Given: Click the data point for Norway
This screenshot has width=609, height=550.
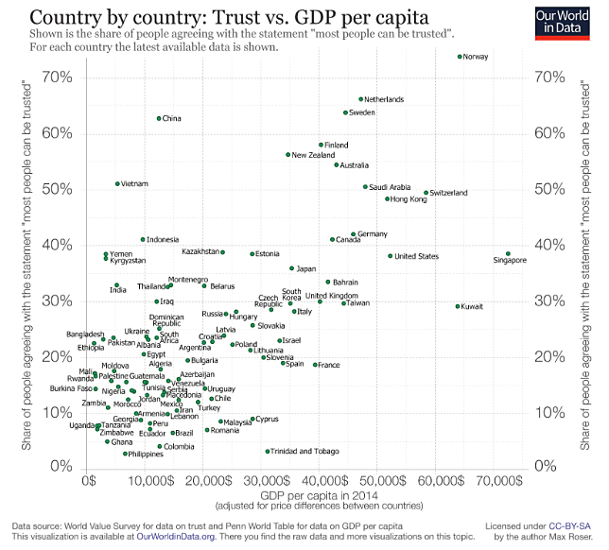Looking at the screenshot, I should (460, 57).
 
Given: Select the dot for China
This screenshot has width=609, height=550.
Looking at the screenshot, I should (159, 118).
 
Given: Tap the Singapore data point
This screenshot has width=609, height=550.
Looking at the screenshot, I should (508, 254).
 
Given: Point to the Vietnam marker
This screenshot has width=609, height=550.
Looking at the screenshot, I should (117, 183).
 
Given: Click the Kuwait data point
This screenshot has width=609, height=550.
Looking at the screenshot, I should (458, 306).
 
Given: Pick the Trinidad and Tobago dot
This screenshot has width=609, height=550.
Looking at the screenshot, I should (268, 451).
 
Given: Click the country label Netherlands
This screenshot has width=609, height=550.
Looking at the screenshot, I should (384, 99).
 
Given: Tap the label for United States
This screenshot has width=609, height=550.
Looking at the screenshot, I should (416, 256).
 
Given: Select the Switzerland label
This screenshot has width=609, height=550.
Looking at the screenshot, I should (449, 193).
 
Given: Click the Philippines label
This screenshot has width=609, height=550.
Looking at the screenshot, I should (147, 454).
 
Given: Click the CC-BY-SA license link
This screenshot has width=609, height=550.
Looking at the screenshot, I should (569, 524).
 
